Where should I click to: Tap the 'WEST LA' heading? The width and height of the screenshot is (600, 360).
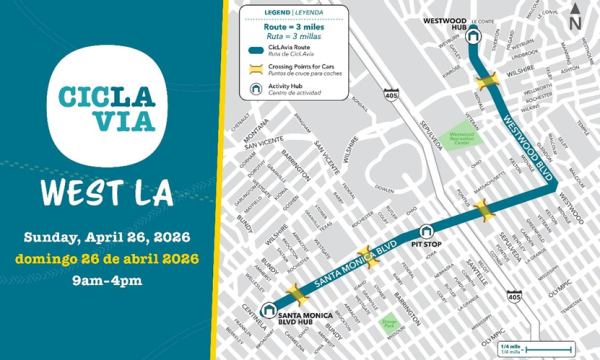coord(110,193)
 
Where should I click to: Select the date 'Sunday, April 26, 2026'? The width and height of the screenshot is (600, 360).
coord(110,238)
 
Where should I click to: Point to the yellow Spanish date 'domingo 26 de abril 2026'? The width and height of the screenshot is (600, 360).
coord(110,259)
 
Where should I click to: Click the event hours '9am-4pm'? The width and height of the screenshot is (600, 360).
coord(110,280)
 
